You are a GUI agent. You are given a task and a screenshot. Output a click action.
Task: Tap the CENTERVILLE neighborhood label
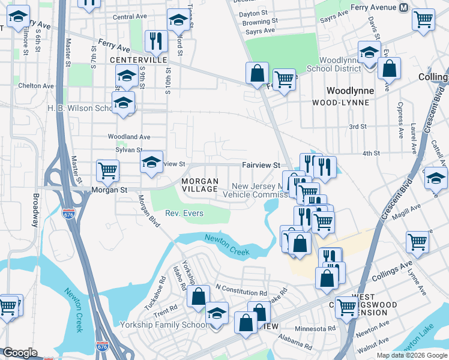[x=139, y=61]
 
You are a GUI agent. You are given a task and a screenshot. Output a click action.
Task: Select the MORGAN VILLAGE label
[x=199, y=185]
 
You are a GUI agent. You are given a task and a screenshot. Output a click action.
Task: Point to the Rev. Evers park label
[x=184, y=213]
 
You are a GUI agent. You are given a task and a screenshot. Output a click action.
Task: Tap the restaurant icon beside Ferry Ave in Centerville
[x=155, y=41]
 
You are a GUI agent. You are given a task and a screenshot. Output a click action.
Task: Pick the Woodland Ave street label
[x=129, y=137]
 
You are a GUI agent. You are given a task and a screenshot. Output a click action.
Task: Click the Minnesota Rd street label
[x=315, y=329]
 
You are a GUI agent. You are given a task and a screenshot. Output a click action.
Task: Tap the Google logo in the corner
[x=20, y=353]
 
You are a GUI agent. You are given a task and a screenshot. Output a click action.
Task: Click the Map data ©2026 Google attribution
[x=411, y=355]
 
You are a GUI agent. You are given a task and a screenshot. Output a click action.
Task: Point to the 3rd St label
[x=358, y=127]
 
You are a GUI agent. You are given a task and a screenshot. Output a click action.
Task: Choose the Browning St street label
[x=259, y=22]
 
